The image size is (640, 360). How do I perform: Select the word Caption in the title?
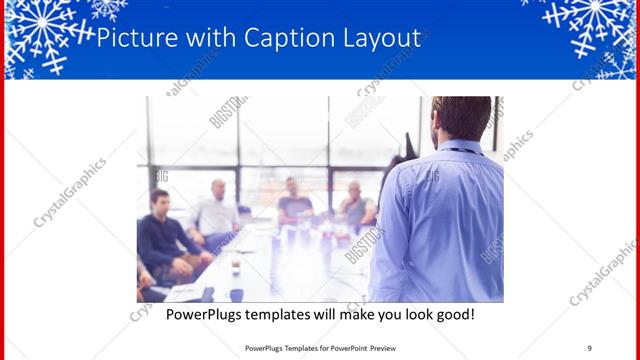tap(282, 39)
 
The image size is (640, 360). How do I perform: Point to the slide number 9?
tap(589, 348)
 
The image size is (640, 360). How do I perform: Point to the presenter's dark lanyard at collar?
tap(462, 151)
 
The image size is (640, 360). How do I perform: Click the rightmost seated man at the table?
tap(355, 205)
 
